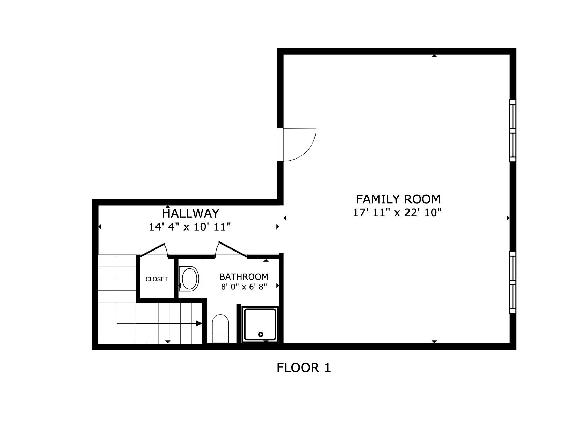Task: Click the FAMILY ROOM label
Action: coord(398,199)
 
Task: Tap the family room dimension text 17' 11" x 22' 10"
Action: coord(397,212)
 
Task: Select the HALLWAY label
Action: coord(190,213)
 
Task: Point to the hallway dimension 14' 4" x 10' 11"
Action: coord(190,227)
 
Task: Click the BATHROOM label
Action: coord(244,277)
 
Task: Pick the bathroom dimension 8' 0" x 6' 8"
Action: coord(244,287)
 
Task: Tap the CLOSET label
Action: coord(157,279)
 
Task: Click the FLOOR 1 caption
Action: coord(304,368)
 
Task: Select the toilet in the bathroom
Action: coord(220,329)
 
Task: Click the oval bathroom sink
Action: coord(190,279)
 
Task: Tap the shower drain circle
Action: coord(261,335)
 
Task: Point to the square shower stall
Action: coord(261,324)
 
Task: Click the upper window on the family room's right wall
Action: coord(513,131)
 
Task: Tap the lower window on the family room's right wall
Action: coord(513,282)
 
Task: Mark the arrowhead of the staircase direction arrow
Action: coord(199,323)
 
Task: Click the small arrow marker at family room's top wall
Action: coord(434,56)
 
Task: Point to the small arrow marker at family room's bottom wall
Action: coord(434,342)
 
